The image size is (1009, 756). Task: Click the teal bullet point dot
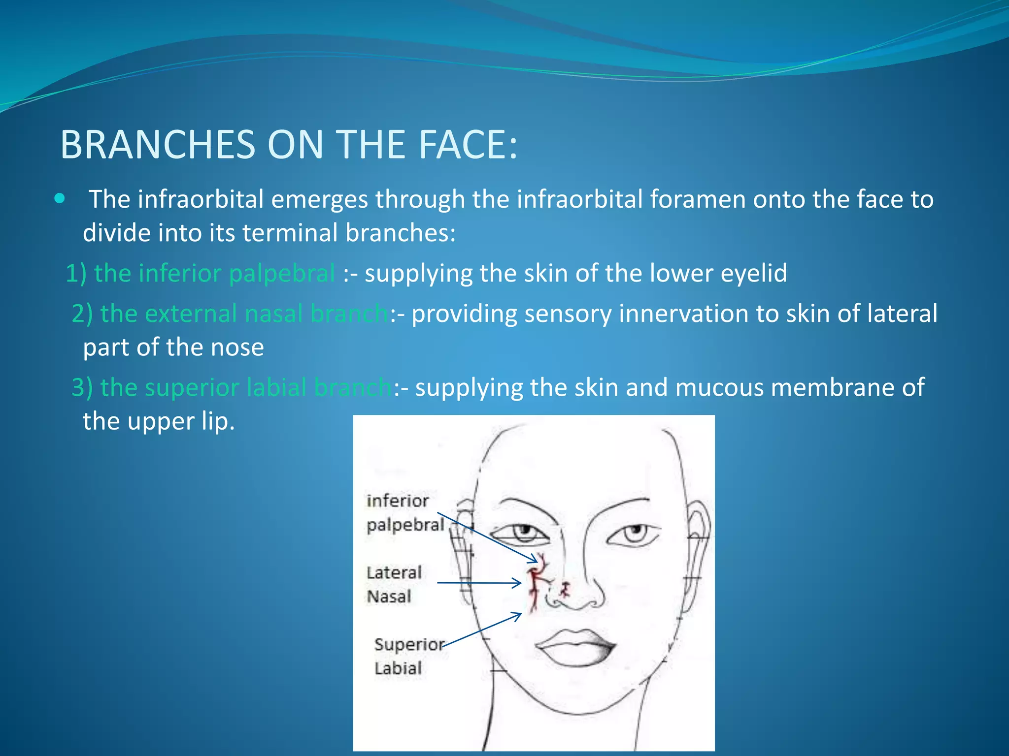(x=60, y=198)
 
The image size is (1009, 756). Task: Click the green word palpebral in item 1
(x=282, y=274)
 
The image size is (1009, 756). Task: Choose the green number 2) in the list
(x=82, y=314)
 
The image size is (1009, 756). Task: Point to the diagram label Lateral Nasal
(x=394, y=584)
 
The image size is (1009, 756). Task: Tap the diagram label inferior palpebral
(x=404, y=512)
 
